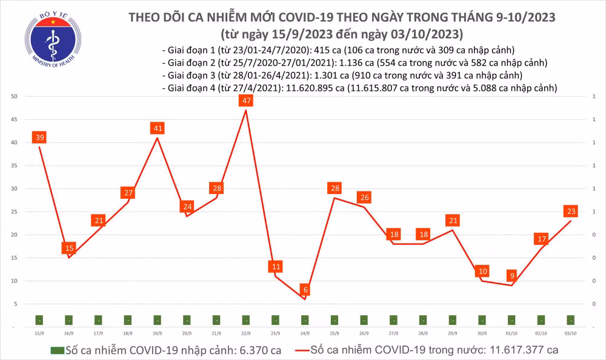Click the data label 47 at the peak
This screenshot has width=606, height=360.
(246, 101)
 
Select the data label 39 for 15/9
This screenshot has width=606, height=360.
(39, 138)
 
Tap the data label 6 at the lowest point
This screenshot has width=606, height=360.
(305, 290)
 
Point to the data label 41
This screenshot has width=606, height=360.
(158, 128)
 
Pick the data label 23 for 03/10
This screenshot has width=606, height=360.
(571, 212)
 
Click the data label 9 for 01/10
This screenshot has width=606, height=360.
(512, 276)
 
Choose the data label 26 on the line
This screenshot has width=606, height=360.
(364, 198)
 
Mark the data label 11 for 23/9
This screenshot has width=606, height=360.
(276, 267)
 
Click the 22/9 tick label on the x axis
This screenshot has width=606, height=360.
(246, 333)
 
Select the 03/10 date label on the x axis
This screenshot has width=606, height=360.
(571, 333)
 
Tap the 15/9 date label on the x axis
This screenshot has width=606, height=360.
(39, 333)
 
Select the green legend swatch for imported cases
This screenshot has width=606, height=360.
(57, 350)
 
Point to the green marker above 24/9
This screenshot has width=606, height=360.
(305, 319)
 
